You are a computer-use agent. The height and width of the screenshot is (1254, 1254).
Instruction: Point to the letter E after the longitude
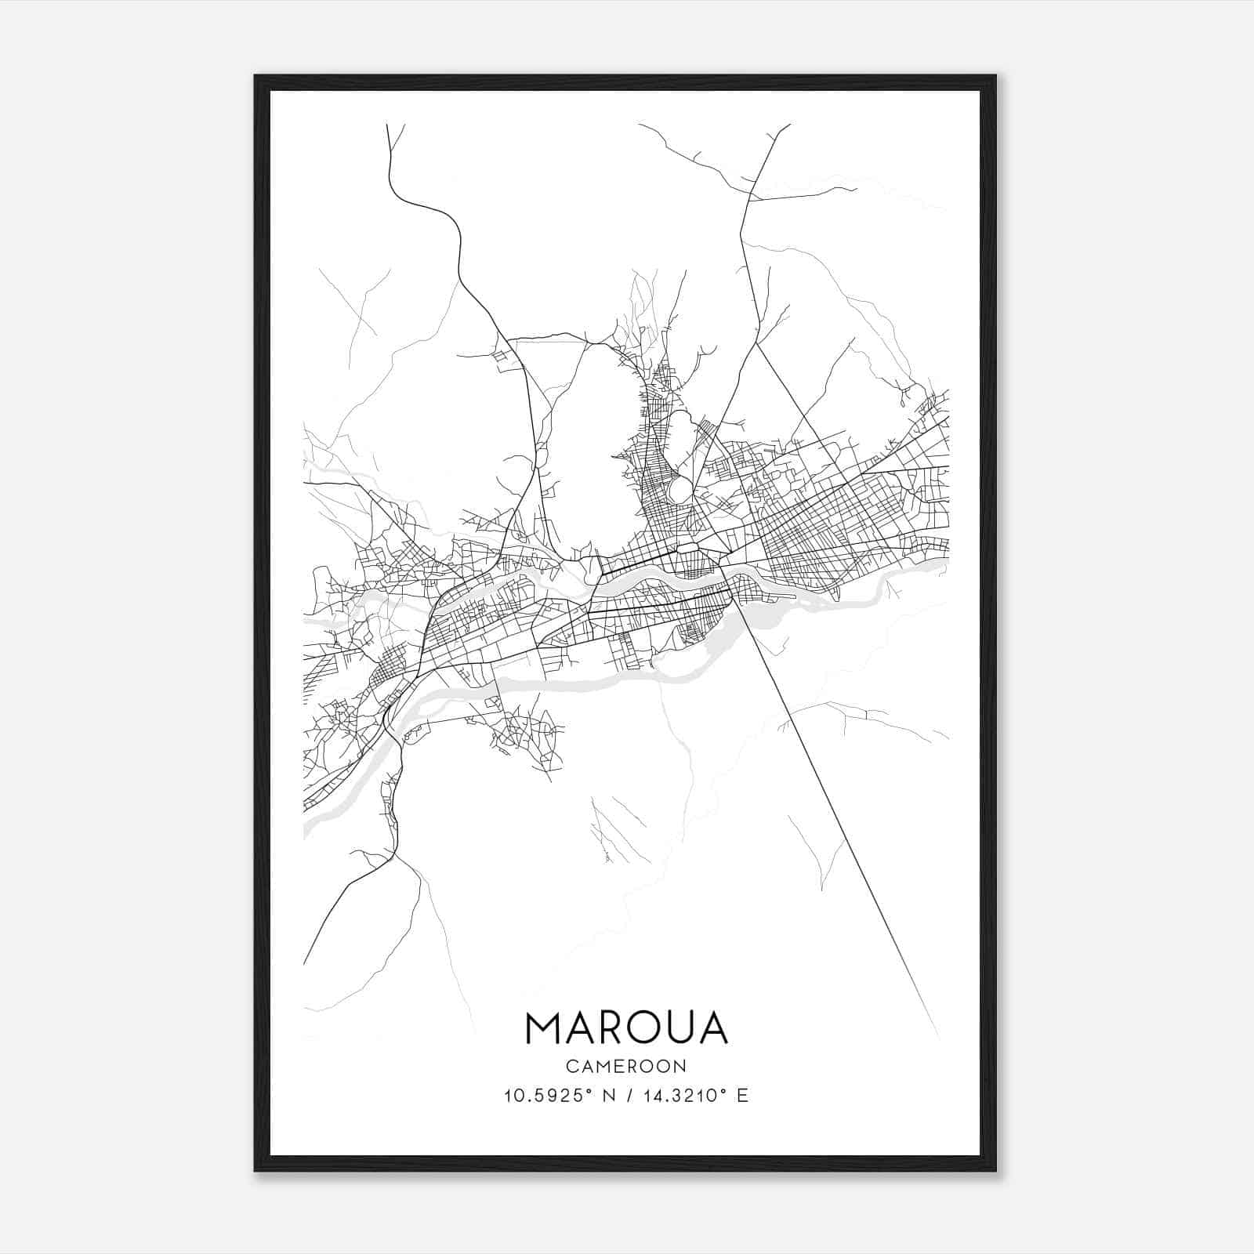742,1096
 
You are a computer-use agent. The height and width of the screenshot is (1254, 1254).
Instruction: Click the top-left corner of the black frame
256,76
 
